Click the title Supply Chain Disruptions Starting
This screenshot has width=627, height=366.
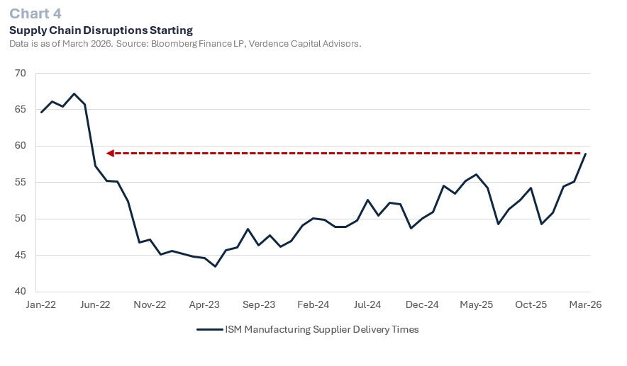(x=101, y=30)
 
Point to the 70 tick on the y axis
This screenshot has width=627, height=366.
(x=20, y=73)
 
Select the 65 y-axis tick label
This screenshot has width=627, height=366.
(x=20, y=110)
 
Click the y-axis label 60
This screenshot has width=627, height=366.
(x=20, y=146)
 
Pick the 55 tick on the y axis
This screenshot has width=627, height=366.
(x=20, y=182)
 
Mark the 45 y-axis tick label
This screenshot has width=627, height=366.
(x=20, y=255)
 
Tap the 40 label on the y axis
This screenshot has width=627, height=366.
(x=20, y=292)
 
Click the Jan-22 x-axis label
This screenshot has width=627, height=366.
(x=41, y=305)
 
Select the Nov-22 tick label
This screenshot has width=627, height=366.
(x=150, y=305)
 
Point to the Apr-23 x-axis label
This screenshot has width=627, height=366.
(x=204, y=305)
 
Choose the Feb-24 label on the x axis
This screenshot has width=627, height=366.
(x=313, y=305)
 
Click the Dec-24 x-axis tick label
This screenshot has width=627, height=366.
(x=422, y=305)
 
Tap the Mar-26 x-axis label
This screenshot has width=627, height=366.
(x=585, y=305)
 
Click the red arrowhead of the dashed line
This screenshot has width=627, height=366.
(x=110, y=153)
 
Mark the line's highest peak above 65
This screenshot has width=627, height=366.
(x=74, y=93)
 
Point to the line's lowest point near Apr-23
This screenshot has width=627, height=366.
(x=215, y=266)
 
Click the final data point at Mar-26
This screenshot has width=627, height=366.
(x=585, y=154)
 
